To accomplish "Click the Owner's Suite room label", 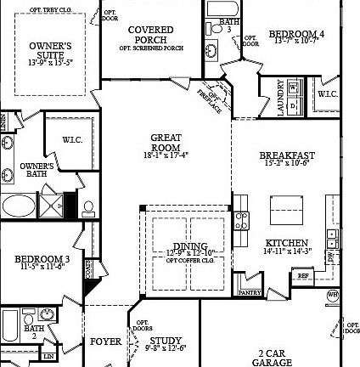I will (51, 52).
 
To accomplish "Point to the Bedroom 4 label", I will (296, 37).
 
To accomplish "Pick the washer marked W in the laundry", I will (294, 87).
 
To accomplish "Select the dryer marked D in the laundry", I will (294, 106).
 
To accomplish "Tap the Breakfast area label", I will (287, 158).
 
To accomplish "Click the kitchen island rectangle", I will (287, 209).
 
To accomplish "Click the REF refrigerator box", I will (302, 275).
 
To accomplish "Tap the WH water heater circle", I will (334, 295).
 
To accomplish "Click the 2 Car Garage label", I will (272, 358).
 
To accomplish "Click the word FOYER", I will (106, 342).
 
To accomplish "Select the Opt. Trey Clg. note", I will (51, 10).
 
